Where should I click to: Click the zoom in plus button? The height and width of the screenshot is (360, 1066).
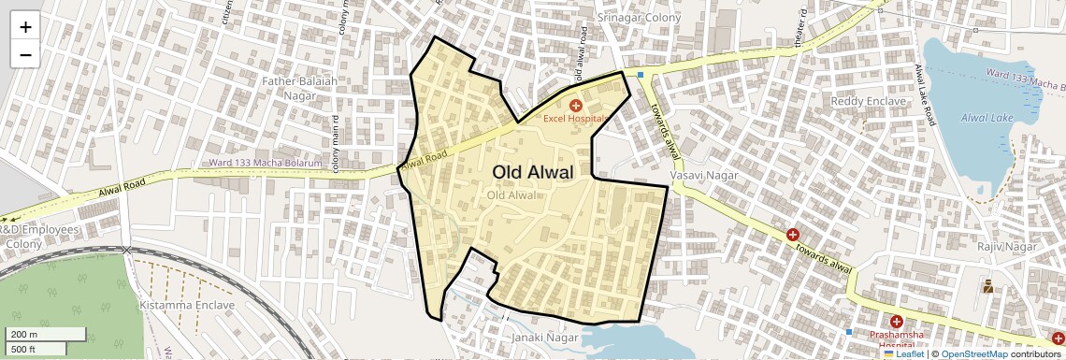(x=25, y=27)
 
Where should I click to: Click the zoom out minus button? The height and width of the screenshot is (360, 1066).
(x=25, y=54)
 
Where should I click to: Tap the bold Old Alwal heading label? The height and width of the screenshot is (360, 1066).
(x=532, y=172)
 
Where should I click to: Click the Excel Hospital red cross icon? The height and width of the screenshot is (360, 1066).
(x=576, y=106)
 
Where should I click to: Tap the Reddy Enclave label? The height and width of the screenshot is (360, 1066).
(x=869, y=101)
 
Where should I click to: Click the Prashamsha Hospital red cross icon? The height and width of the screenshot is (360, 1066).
(x=897, y=321)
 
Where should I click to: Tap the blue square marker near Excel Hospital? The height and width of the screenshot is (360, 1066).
(x=641, y=75)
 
